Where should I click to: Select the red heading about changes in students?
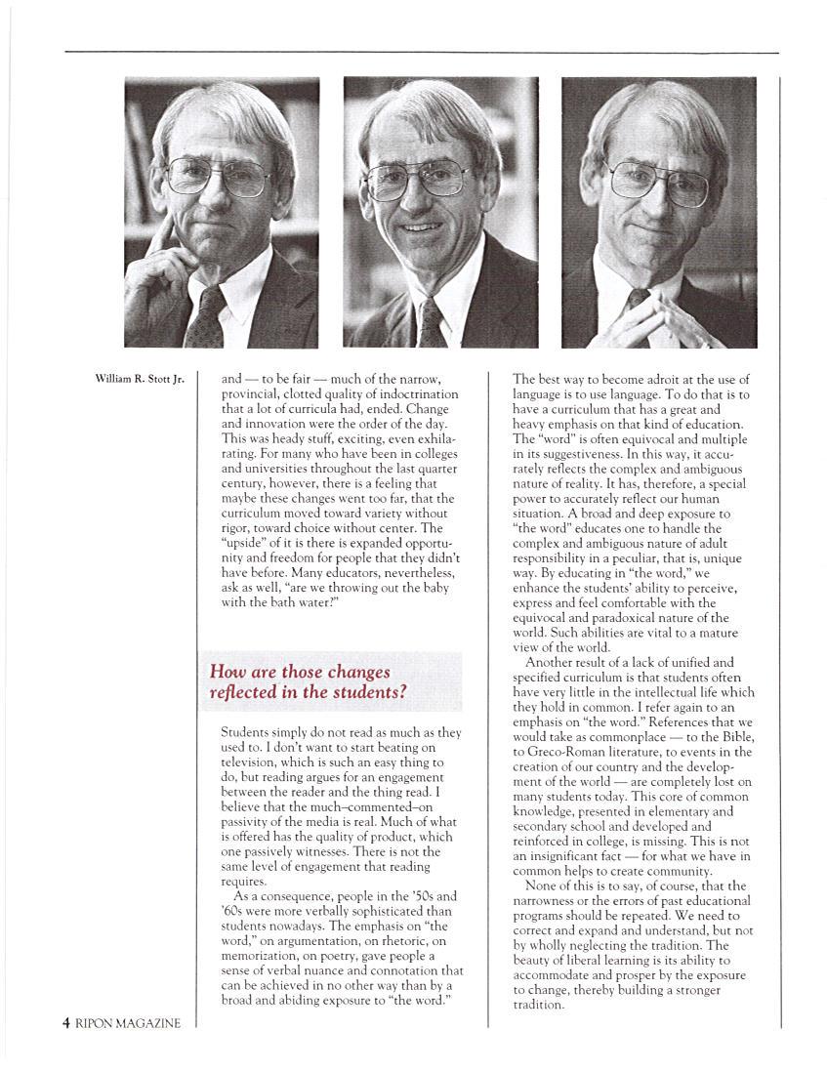(309, 681)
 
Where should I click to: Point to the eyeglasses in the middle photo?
(417, 178)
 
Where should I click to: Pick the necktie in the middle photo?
(431, 322)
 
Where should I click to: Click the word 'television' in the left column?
(253, 762)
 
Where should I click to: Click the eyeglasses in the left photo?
(217, 177)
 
